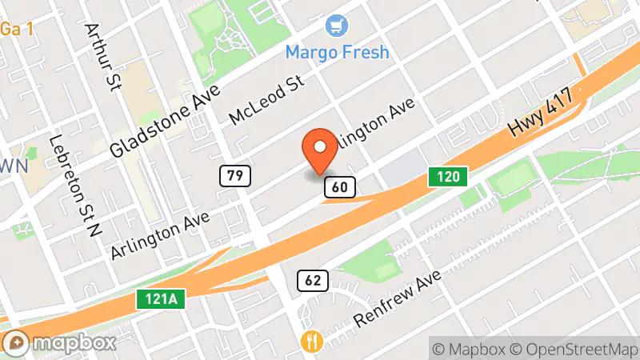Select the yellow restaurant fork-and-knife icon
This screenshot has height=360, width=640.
pos(310,342)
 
